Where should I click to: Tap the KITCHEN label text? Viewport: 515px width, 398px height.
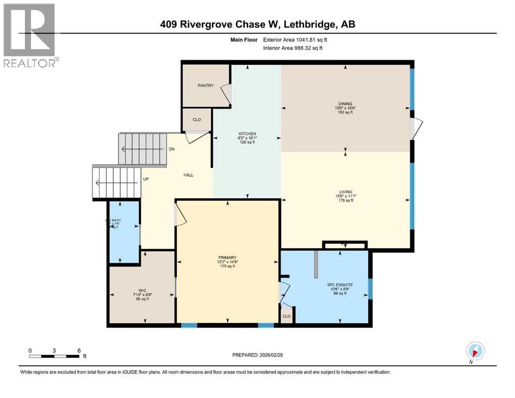247,134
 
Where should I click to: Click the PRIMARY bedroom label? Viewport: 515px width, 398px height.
227,258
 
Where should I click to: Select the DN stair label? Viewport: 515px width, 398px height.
172,149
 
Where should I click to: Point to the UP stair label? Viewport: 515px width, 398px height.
146,179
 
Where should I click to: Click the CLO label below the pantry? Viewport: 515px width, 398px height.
197,120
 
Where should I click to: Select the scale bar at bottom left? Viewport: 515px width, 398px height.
54,356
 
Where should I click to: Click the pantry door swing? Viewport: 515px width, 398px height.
225,94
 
